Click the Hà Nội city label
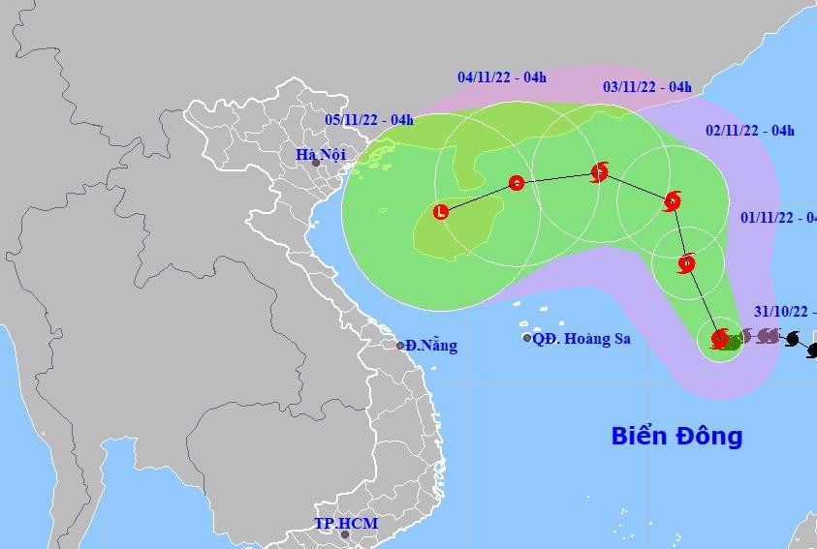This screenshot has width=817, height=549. click(x=321, y=153)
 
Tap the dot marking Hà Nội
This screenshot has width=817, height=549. click(x=316, y=162)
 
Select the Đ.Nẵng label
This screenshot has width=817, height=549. click(x=431, y=346)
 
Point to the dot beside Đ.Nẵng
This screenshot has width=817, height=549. click(x=400, y=346)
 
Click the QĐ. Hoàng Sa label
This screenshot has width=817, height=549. click(x=581, y=338)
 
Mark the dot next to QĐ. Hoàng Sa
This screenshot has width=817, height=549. click(x=527, y=338)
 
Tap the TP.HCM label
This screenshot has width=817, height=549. click(x=346, y=523)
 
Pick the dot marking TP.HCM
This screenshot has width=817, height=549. click(x=344, y=534)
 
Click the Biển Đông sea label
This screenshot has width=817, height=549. click(x=676, y=436)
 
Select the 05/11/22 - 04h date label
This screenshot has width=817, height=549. click(x=369, y=120)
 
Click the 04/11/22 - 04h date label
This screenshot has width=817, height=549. click(x=501, y=76)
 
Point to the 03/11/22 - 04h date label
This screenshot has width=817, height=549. click(x=647, y=87)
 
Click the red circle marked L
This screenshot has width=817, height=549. click(x=442, y=210)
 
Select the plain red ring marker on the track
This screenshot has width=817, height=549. click(x=517, y=182)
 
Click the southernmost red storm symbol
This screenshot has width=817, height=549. click(x=719, y=338)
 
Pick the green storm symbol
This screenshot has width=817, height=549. click(x=734, y=340)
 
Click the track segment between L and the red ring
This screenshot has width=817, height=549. click(x=479, y=197)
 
